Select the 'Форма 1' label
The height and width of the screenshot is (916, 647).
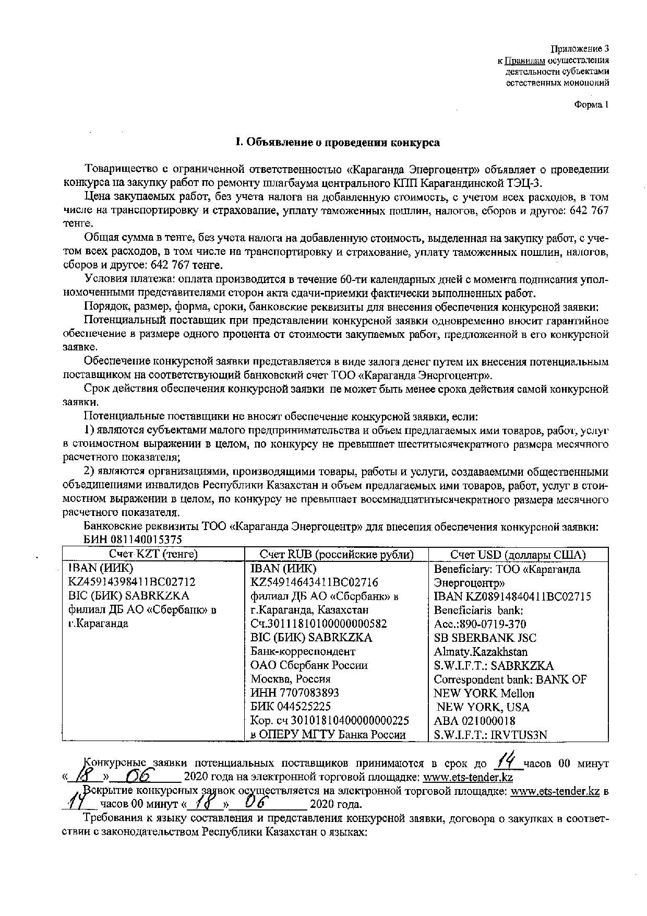pos(591,104)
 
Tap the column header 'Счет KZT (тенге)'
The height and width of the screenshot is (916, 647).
pos(153,554)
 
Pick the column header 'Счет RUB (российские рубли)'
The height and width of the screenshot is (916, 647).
pos(337,554)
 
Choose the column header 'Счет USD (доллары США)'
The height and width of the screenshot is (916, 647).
pos(518,554)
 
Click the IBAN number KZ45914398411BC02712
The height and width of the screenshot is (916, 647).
pos(132,582)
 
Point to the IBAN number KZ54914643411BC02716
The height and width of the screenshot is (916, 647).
pos(315,582)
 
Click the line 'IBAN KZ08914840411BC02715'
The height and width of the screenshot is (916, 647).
pos(512,596)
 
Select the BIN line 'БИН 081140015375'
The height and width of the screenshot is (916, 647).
pos(133,539)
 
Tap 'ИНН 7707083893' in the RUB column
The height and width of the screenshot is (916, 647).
pos(295,692)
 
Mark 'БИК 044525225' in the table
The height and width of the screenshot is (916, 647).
pos(291,707)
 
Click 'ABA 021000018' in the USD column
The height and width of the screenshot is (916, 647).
pos(474,721)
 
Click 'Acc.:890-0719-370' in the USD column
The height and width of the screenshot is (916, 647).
pos(480,624)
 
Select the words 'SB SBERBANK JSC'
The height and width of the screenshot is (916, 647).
pos(485,638)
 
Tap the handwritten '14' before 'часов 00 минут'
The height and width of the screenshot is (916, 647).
pos(506,761)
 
